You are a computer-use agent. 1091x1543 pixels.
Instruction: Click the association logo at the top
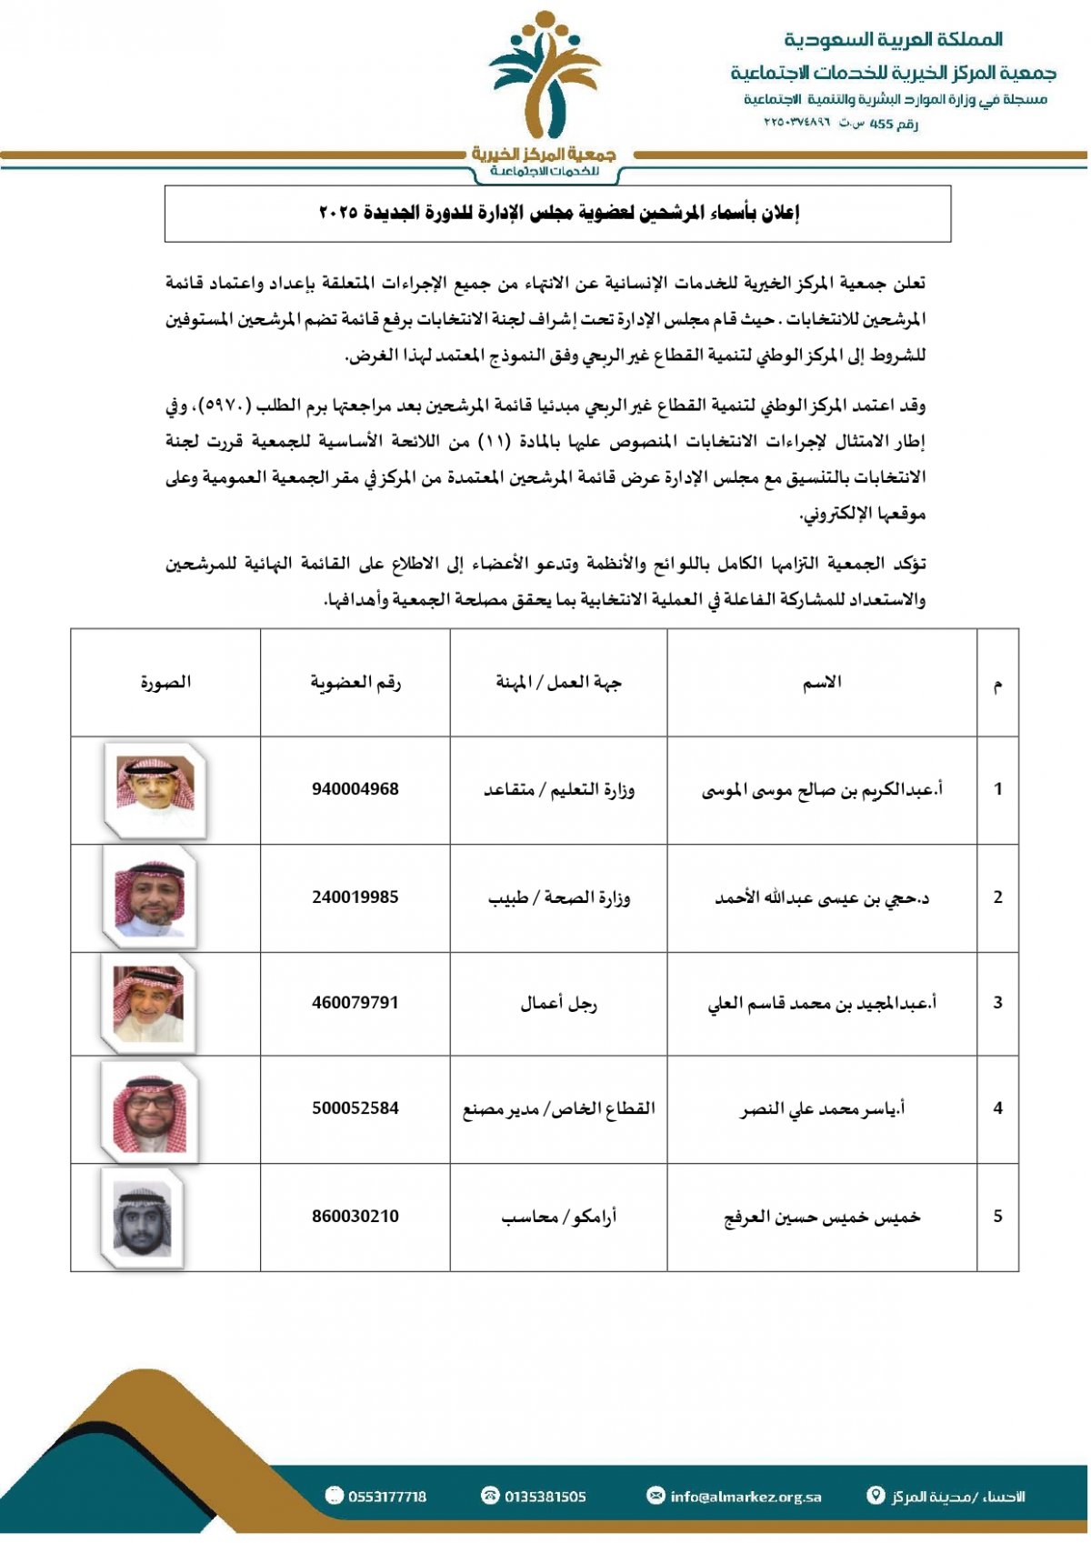click(545, 91)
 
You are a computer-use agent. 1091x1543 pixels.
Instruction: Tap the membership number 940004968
click(355, 789)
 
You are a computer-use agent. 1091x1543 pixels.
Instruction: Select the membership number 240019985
click(355, 897)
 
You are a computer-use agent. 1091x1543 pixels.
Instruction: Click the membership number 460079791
click(355, 1003)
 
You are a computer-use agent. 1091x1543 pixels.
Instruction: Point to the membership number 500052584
click(355, 1108)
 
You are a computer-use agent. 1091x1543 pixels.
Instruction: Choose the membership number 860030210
click(355, 1217)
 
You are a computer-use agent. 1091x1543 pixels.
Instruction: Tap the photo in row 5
click(143, 1218)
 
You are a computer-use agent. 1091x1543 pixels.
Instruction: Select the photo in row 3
click(148, 1003)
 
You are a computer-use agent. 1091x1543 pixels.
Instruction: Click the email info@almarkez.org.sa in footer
click(746, 1497)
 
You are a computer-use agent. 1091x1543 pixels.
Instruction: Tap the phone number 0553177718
click(386, 1497)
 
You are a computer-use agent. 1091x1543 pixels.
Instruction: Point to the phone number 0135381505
click(545, 1497)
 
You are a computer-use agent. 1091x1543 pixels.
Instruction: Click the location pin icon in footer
click(876, 1496)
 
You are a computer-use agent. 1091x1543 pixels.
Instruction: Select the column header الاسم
click(821, 682)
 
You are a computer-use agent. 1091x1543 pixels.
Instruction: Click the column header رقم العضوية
click(355, 682)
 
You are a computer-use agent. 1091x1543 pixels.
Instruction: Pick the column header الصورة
click(165, 682)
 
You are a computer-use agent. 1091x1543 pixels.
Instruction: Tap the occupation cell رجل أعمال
click(558, 1003)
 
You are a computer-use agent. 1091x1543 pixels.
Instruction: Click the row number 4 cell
click(997, 1108)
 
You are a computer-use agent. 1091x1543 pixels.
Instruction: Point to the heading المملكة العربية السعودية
click(893, 39)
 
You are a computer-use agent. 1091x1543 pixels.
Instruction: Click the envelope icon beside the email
click(656, 1496)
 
